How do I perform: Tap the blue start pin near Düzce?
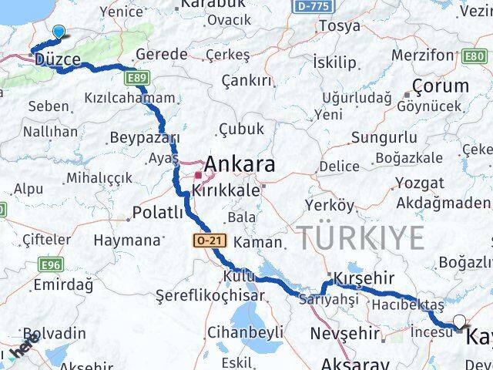[59, 32]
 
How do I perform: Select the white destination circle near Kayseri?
[460, 322]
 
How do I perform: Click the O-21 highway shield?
[207, 242]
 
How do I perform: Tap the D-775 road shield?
[309, 5]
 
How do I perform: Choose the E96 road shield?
[51, 265]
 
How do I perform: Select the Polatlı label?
[158, 213]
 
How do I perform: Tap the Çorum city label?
[440, 86]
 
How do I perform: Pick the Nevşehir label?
[344, 334]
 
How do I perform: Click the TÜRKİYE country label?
[361, 237]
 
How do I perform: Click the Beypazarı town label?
[144, 137]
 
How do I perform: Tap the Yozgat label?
[420, 183]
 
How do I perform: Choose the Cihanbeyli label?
[245, 333]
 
